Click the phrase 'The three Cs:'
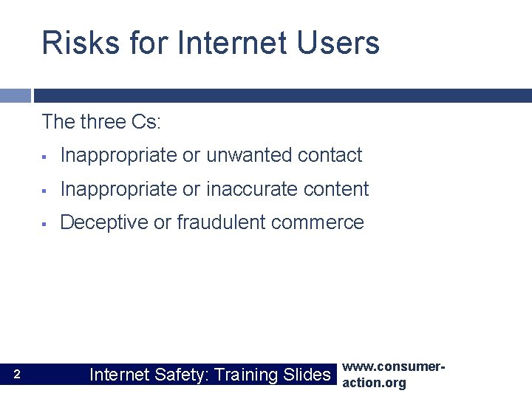pyautogui.click(x=101, y=121)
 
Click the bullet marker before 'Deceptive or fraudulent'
pyautogui.click(x=44, y=223)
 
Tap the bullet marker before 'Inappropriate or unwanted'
pyautogui.click(x=44, y=157)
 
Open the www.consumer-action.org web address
pyautogui.click(x=395, y=375)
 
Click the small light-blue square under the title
pyautogui.click(x=16, y=95)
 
